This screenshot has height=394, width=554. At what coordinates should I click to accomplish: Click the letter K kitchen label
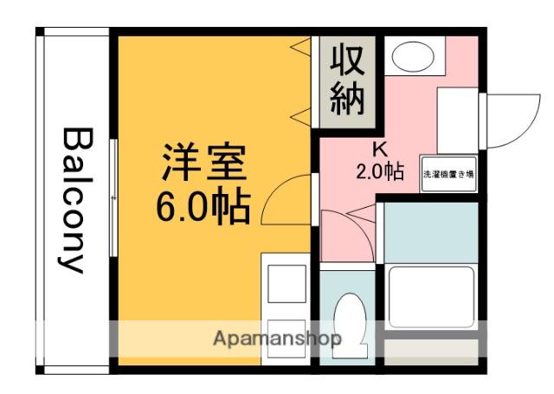(x=377, y=147)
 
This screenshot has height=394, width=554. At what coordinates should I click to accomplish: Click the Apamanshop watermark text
(x=277, y=338)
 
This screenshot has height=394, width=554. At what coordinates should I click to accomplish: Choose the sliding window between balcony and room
(x=114, y=198)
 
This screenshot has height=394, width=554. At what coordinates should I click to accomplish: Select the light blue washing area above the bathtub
(x=429, y=232)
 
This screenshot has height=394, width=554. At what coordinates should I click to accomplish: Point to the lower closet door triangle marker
(x=301, y=114)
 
